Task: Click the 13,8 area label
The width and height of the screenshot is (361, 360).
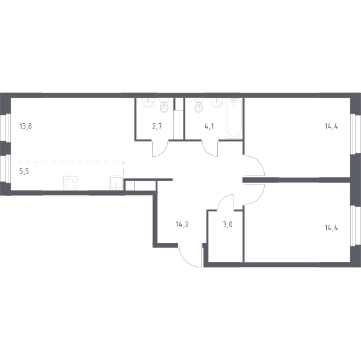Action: (x=26, y=126)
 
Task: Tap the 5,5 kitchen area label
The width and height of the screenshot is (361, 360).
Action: (x=24, y=171)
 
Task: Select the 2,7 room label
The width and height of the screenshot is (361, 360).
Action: (x=157, y=126)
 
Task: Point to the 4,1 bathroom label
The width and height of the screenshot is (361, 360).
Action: (x=209, y=126)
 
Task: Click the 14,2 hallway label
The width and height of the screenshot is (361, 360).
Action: (x=182, y=224)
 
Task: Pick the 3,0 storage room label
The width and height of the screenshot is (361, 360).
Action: (x=227, y=224)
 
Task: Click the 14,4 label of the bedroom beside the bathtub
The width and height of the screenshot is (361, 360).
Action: (x=332, y=126)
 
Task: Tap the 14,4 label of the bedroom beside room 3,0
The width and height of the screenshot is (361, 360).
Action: (x=332, y=228)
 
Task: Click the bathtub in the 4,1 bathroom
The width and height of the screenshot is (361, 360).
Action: (x=234, y=118)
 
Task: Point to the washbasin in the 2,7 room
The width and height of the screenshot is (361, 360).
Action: (x=148, y=103)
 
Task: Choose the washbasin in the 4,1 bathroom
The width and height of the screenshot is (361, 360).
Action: (x=217, y=103)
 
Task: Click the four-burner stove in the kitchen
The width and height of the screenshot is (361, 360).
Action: (x=70, y=183)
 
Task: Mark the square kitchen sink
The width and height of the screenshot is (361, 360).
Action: (x=116, y=183)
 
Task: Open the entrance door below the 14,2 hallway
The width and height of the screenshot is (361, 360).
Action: (x=191, y=256)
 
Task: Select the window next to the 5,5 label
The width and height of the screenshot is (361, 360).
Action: (x=5, y=169)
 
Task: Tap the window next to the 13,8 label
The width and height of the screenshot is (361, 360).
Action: (x=5, y=127)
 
